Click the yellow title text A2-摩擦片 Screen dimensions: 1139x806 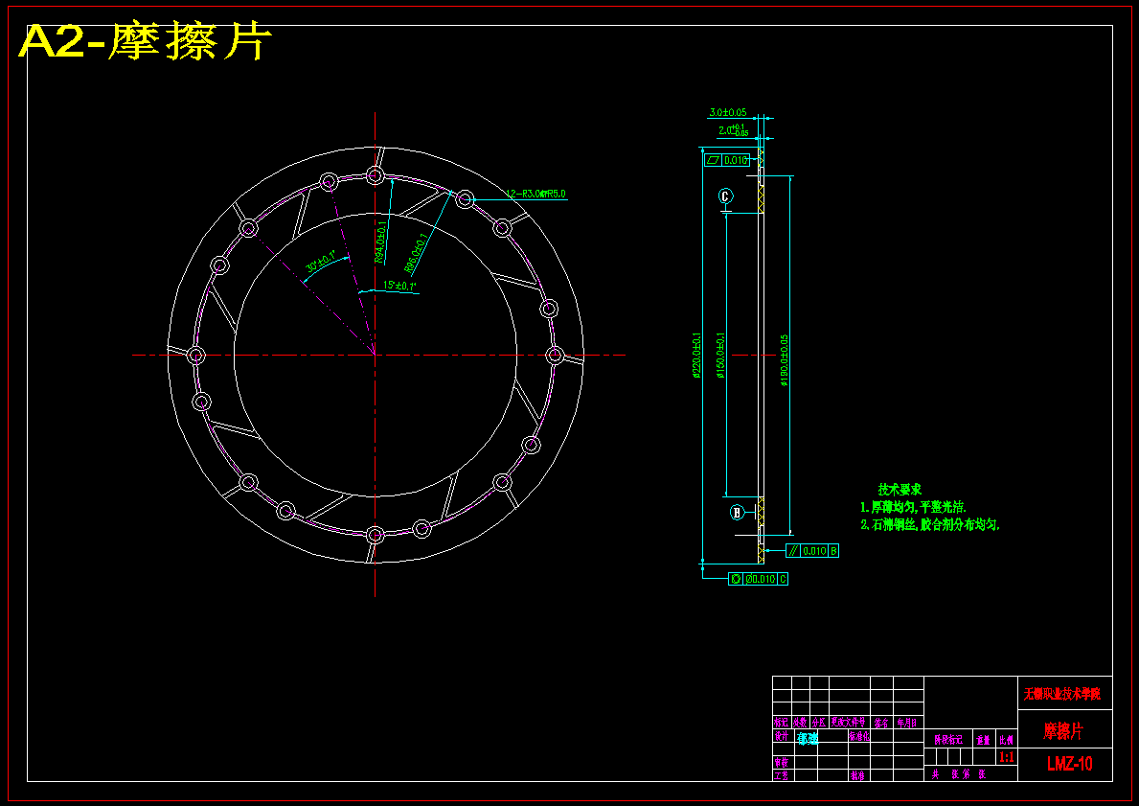tap(145, 41)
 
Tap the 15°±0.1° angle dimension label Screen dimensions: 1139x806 tap(399, 286)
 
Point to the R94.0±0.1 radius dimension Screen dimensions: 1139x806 tap(379, 242)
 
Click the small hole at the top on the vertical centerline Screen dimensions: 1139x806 tap(375, 175)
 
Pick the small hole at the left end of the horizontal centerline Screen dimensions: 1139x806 tap(195, 356)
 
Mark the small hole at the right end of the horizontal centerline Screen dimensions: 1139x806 tap(555, 356)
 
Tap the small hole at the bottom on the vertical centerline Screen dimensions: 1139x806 tap(375, 534)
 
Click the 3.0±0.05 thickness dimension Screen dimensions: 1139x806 tap(727, 113)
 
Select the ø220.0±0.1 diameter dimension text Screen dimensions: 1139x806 tap(696, 356)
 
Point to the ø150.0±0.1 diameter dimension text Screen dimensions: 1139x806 tap(719, 356)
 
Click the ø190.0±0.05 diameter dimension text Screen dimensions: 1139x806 tap(783, 359)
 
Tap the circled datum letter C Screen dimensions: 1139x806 tap(725, 196)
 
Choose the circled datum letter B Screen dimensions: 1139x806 tap(737, 512)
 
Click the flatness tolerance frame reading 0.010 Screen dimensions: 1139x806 tap(727, 160)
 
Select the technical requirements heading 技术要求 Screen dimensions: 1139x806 tap(900, 489)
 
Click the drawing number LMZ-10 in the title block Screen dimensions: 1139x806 tap(1069, 764)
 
